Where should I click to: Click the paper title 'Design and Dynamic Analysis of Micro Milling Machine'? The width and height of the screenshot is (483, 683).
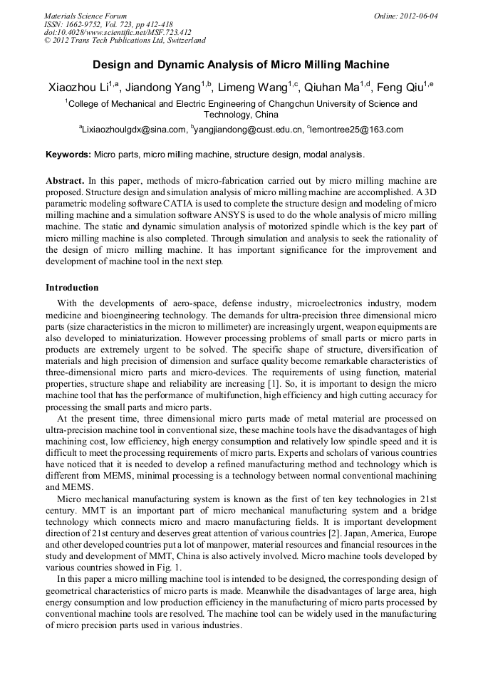point(241,65)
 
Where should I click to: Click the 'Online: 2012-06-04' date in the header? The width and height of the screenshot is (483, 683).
point(405,16)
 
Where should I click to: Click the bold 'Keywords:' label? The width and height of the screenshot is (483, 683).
point(68,154)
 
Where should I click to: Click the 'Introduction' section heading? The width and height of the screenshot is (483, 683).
point(72,288)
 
